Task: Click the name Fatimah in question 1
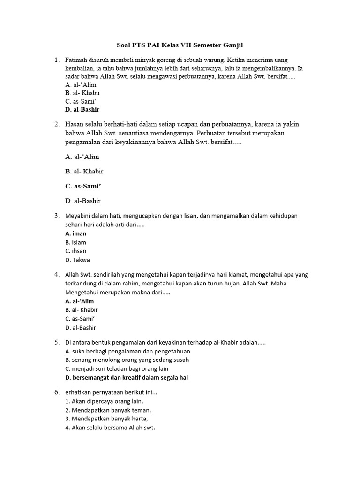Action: coord(78,60)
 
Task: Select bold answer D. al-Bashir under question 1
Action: coord(82,110)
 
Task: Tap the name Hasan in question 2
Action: coord(76,124)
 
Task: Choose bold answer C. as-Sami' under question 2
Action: coord(83,186)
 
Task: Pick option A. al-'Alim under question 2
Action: coord(82,157)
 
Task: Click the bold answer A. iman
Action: coord(76,233)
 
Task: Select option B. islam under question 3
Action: coord(76,242)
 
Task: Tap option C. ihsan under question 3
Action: coord(76,251)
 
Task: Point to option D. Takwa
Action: coord(78,260)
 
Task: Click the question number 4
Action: coord(56,274)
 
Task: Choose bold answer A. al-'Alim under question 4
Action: coord(80,301)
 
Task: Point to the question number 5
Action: coord(56,343)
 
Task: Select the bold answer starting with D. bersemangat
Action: coord(127,377)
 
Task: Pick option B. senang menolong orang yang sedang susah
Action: coord(127,360)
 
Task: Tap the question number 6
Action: coord(56,392)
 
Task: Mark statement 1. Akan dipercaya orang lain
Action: coord(105,401)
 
